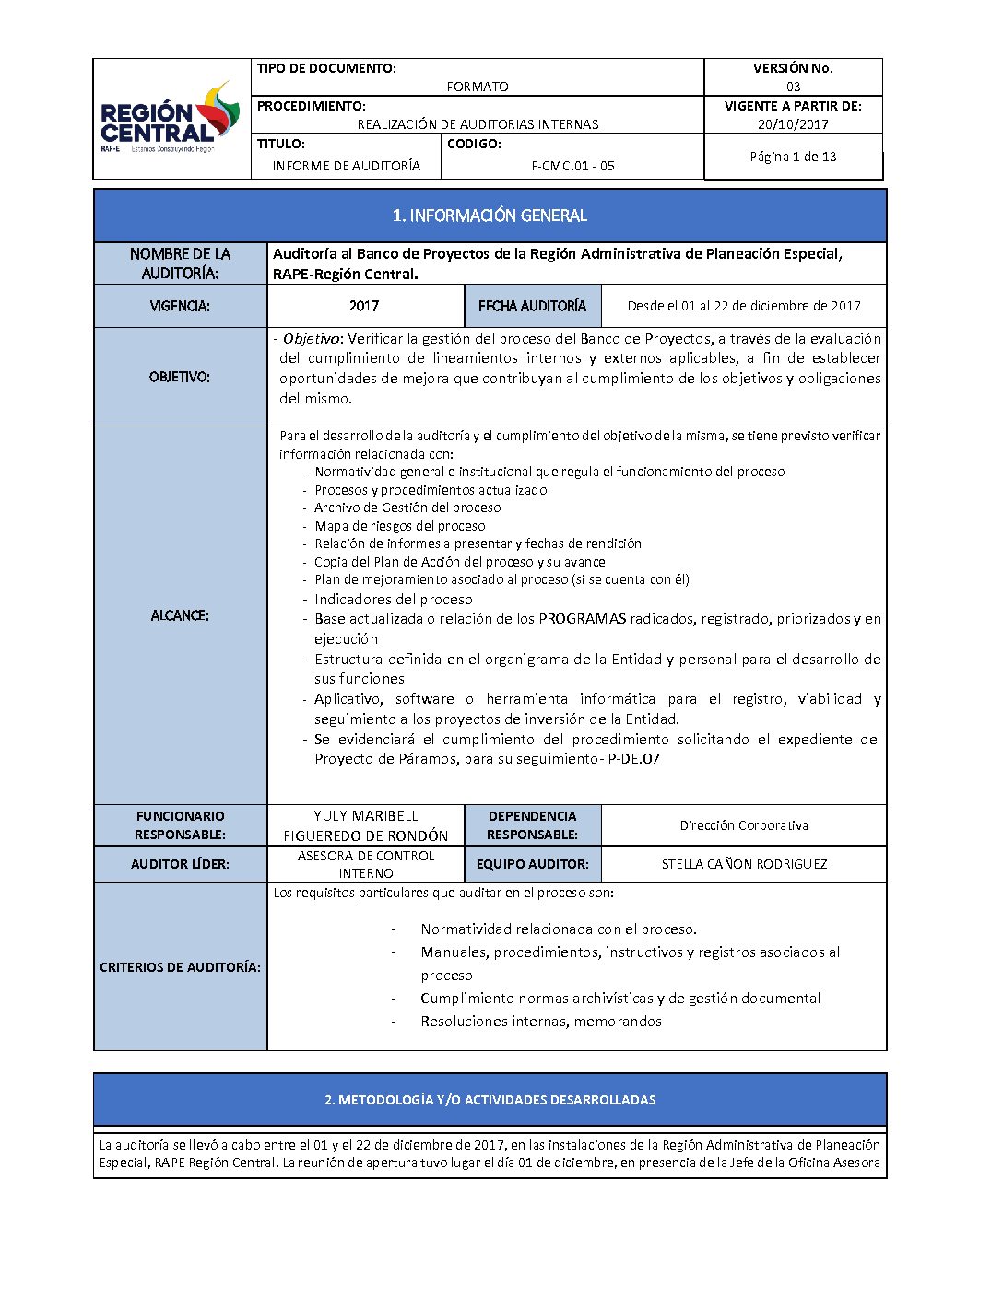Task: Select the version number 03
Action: pos(793,87)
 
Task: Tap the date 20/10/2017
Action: pos(793,124)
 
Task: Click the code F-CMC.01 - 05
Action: pos(572,166)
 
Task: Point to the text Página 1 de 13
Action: pos(793,157)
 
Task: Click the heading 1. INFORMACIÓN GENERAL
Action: pos(490,216)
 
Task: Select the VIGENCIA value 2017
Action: pos(364,306)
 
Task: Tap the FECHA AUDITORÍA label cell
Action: pos(532,306)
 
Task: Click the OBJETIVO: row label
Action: pos(180,377)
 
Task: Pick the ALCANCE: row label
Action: pos(180,615)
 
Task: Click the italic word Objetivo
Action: pos(312,339)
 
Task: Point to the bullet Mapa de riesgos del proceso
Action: pos(399,526)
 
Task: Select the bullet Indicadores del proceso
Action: pos(393,599)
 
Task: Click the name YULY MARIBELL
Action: pos(365,816)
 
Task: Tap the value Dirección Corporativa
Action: pos(744,825)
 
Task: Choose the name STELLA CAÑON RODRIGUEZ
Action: pos(744,864)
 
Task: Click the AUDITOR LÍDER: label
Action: pos(180,864)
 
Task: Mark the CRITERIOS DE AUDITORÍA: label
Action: pos(180,967)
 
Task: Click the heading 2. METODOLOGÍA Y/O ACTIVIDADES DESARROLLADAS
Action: pos(490,1100)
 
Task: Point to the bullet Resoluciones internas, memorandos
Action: pos(541,1022)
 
